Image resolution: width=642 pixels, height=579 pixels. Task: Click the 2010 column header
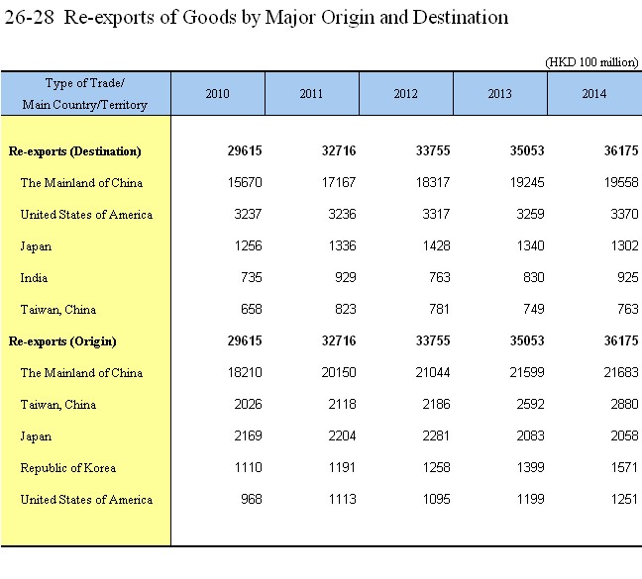(x=217, y=94)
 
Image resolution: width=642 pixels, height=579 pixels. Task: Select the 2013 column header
(x=500, y=94)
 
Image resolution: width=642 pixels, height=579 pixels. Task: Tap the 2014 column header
(x=594, y=94)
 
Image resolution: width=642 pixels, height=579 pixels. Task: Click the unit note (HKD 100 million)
(x=591, y=62)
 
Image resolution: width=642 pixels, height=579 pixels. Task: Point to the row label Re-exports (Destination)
(x=75, y=151)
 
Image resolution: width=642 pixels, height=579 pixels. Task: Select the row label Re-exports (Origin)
(x=62, y=341)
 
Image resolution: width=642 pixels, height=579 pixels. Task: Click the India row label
(x=34, y=278)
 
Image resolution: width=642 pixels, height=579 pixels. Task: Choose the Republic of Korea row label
(x=68, y=468)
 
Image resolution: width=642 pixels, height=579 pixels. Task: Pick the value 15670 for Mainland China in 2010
(x=245, y=182)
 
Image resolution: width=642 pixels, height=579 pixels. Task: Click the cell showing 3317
(x=436, y=214)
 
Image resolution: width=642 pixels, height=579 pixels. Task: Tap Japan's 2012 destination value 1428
(x=437, y=245)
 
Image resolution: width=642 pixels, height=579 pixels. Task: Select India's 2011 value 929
(x=346, y=277)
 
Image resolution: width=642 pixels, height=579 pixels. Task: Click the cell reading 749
(x=534, y=309)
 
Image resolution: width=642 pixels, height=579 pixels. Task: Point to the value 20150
(x=339, y=372)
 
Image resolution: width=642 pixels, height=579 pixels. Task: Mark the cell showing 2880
(x=624, y=404)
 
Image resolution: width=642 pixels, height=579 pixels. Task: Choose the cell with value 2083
(x=530, y=435)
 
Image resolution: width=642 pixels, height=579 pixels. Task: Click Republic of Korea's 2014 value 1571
(x=625, y=467)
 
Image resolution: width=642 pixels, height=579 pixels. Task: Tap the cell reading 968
(x=252, y=499)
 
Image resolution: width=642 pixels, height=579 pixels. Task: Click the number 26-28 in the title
(x=29, y=18)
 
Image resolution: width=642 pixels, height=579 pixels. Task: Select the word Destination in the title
(x=461, y=18)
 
